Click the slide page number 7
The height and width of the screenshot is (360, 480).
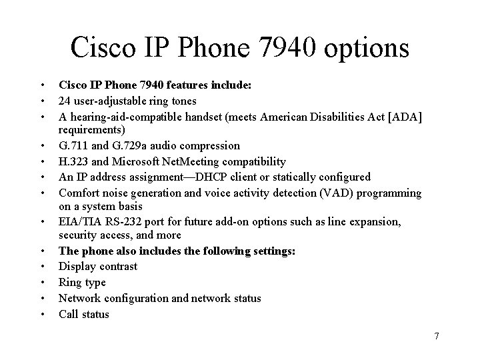click(x=436, y=336)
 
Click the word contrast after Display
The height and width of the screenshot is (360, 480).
click(x=117, y=267)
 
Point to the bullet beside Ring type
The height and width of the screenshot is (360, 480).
click(x=41, y=283)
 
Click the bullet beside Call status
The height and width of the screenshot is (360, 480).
click(x=41, y=315)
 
